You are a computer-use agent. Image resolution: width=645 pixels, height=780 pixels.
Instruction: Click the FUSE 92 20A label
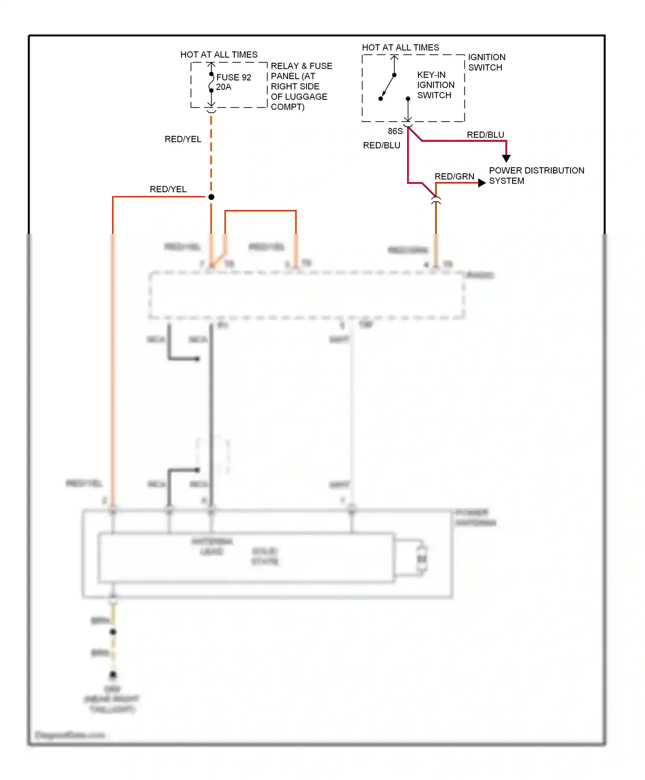tap(233, 82)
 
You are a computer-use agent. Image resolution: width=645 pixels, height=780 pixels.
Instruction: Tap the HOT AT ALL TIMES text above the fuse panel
tap(219, 55)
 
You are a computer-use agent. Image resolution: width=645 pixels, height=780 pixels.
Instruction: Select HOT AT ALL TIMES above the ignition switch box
tap(400, 47)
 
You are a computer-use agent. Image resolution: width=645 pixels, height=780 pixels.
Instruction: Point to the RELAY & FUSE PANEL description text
tap(301, 86)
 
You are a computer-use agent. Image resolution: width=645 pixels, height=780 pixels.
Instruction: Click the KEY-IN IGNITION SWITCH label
tap(435, 85)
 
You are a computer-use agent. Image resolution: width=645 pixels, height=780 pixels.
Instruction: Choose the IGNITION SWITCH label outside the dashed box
tap(486, 62)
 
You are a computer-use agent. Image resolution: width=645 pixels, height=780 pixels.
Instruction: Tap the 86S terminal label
tap(395, 131)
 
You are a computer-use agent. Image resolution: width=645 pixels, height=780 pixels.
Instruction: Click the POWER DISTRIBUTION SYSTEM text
tap(536, 175)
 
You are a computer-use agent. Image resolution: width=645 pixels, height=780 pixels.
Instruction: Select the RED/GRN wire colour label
tap(454, 176)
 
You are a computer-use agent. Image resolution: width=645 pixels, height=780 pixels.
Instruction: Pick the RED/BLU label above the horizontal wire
tap(485, 135)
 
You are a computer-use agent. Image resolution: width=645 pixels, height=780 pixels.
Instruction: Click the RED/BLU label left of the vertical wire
tap(381, 145)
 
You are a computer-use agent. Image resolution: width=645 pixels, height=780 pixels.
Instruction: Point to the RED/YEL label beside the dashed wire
tap(183, 139)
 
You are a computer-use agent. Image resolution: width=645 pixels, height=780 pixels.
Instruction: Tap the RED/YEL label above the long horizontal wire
tap(168, 189)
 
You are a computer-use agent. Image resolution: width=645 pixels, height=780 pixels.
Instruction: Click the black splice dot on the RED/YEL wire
tap(211, 197)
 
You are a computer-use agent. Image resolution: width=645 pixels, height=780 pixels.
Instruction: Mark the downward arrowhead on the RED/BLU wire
tap(506, 158)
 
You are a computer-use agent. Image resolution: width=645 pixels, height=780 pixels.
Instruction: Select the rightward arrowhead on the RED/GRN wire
tap(482, 183)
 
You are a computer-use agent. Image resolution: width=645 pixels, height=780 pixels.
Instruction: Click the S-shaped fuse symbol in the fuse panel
tap(211, 82)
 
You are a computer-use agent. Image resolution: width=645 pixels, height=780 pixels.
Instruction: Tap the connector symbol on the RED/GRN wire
tap(436, 200)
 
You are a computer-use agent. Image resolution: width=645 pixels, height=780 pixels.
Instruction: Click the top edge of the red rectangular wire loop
tap(260, 211)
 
